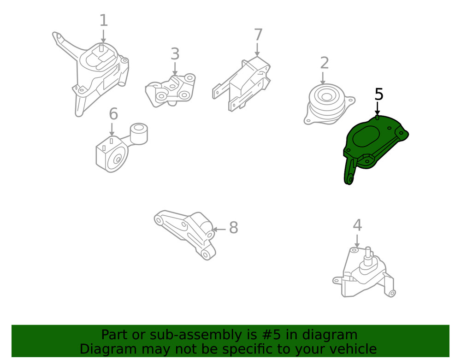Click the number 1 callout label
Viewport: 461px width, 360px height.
pyautogui.click(x=104, y=21)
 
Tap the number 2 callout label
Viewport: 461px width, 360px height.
pyautogui.click(x=325, y=63)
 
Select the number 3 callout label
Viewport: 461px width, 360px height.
pyautogui.click(x=175, y=54)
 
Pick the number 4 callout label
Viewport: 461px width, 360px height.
pyautogui.click(x=357, y=225)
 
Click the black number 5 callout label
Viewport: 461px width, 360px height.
pyautogui.click(x=378, y=94)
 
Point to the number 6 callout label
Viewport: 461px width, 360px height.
pyautogui.click(x=113, y=114)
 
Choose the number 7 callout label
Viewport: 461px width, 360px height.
pyautogui.click(x=258, y=35)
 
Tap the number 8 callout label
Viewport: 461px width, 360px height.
pyautogui.click(x=233, y=228)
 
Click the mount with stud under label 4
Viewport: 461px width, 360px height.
pyautogui.click(x=364, y=274)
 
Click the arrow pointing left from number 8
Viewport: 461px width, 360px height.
pyautogui.click(x=219, y=229)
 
